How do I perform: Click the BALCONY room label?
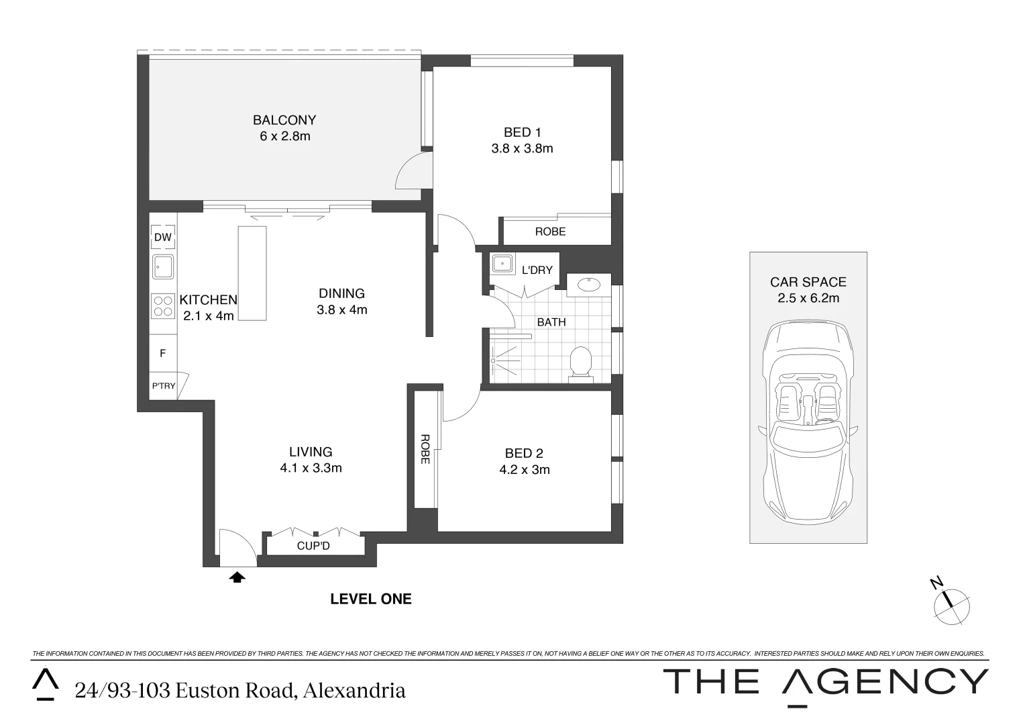pyautogui.click(x=284, y=120)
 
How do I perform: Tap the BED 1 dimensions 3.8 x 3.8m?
pyautogui.click(x=522, y=149)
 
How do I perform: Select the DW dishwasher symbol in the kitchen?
pyautogui.click(x=163, y=237)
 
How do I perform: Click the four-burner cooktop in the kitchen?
pyautogui.click(x=163, y=307)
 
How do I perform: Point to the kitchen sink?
pyautogui.click(x=163, y=267)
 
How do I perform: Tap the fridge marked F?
pyautogui.click(x=162, y=353)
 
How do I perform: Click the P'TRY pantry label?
pyautogui.click(x=163, y=386)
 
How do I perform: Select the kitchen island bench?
pyautogui.click(x=252, y=273)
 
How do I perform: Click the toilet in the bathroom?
pyautogui.click(x=580, y=365)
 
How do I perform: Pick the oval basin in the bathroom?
pyautogui.click(x=589, y=285)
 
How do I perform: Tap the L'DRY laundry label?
pyautogui.click(x=537, y=270)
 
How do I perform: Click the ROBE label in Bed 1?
pyautogui.click(x=550, y=232)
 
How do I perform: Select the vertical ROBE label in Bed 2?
pyautogui.click(x=425, y=449)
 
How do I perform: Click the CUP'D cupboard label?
pyautogui.click(x=313, y=546)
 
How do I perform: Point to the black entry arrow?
pyautogui.click(x=237, y=577)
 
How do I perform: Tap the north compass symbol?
pyautogui.click(x=951, y=604)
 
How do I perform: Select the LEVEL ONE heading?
pyautogui.click(x=371, y=599)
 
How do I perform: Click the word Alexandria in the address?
pyautogui.click(x=354, y=690)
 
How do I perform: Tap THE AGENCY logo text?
pyautogui.click(x=825, y=683)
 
